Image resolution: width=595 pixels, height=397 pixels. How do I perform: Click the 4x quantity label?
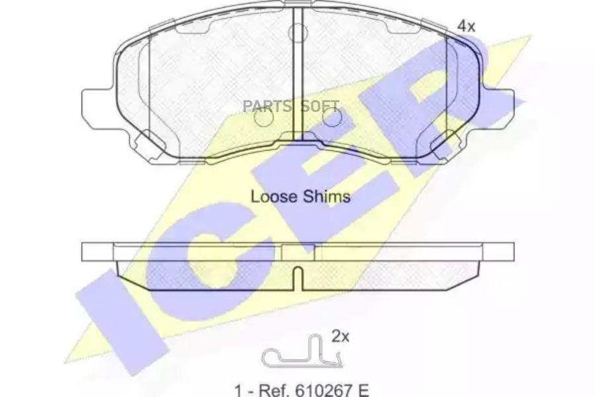[x=467, y=26]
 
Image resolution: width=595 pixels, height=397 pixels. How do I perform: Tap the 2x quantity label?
[x=340, y=337]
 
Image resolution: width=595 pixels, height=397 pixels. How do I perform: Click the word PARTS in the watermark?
[x=267, y=106]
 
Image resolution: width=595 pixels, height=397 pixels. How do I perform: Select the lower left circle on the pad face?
[x=264, y=118]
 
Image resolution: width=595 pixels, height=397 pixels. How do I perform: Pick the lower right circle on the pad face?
[x=332, y=118]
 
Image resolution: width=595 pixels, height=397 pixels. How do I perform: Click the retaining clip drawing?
[x=301, y=354]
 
